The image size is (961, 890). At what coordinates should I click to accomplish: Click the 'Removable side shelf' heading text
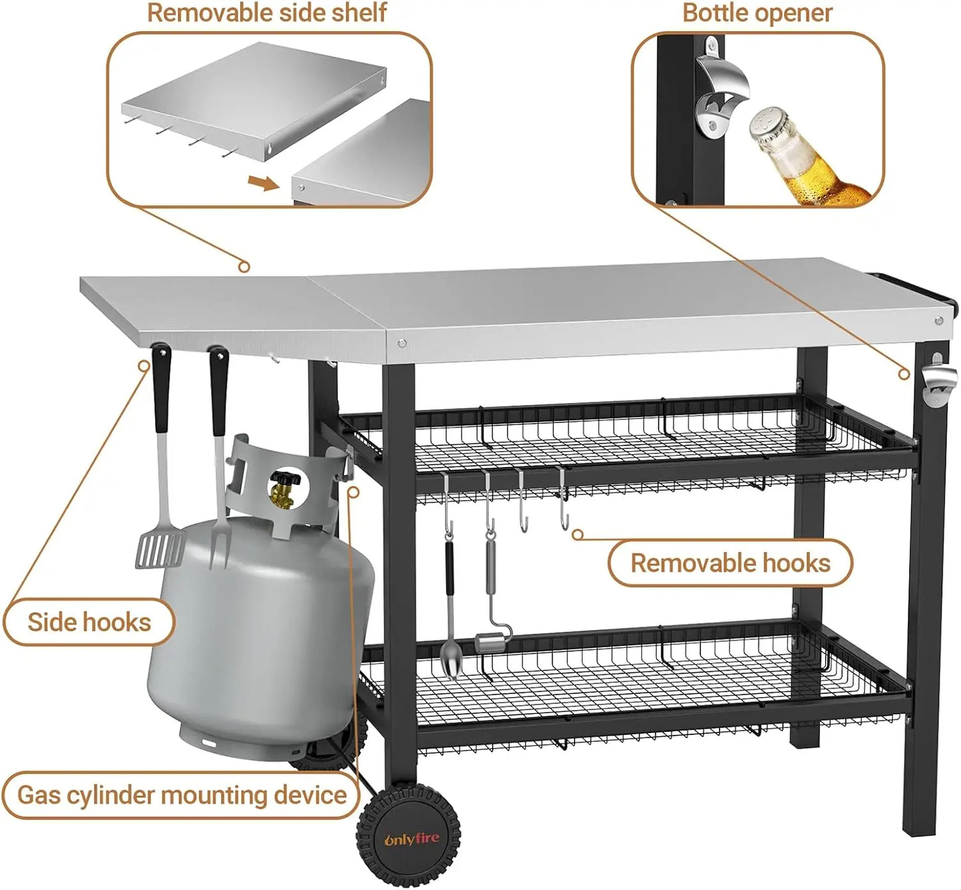coord(266,13)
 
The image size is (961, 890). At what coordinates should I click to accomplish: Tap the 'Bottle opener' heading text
coord(757,13)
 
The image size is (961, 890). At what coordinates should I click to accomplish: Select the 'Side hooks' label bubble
coord(89,623)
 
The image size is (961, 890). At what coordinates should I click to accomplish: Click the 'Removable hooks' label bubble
coord(730,563)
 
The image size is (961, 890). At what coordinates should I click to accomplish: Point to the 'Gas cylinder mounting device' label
coord(181,795)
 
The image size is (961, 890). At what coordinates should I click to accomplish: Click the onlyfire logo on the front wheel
coord(411,839)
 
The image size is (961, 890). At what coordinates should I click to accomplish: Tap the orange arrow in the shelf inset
coord(263,183)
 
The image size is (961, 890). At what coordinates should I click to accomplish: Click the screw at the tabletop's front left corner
coord(402,343)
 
